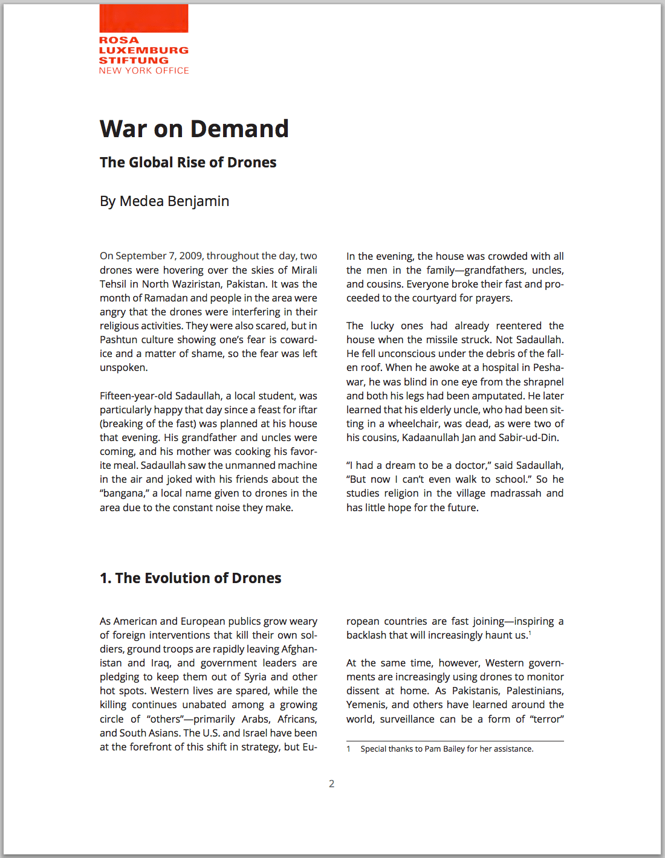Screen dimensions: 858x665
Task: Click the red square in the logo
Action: (144, 18)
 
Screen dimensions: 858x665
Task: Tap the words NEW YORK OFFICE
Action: (144, 71)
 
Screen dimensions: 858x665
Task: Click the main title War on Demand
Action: (194, 129)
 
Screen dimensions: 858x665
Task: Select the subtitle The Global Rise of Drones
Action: (188, 163)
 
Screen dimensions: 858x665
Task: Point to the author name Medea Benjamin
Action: (174, 201)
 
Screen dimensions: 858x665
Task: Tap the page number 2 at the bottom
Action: (331, 784)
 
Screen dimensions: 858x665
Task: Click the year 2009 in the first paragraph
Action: (190, 256)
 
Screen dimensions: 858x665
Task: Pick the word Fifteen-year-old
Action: (136, 396)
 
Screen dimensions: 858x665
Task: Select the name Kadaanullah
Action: (429, 437)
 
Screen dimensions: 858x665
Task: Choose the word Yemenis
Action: (366, 705)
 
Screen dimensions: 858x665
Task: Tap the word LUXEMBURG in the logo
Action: (144, 50)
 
